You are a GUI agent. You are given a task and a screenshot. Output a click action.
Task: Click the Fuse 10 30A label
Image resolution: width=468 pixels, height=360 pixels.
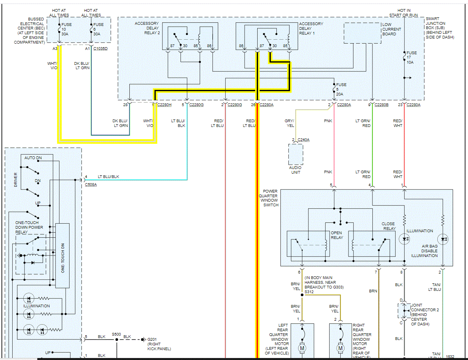pos(66,29)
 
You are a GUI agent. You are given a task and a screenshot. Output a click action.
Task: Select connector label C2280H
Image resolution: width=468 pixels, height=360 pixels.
pos(164,105)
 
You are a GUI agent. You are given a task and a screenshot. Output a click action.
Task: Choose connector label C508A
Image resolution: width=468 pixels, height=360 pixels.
pos(91,185)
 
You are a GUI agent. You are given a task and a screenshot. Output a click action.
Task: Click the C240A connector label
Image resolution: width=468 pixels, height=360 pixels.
pos(303,140)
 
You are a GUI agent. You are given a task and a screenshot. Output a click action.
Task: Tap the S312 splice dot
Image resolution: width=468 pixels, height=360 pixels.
pos(302,295)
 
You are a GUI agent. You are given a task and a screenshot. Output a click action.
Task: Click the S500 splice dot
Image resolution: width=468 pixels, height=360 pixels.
pos(117,340)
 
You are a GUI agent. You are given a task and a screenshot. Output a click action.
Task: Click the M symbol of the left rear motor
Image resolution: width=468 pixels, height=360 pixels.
pos(302,348)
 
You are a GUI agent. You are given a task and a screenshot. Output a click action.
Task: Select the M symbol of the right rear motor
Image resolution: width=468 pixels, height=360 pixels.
pos(341,348)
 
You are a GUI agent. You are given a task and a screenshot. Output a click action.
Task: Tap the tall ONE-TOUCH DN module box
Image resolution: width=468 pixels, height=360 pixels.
pos(63,255)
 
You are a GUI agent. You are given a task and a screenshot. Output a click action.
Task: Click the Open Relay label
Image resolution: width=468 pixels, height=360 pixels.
pos(337,235)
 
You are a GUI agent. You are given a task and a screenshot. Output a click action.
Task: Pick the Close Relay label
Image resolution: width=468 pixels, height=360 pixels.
pos(388,226)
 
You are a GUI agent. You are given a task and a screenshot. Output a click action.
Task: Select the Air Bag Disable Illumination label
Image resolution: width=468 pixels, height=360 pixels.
pos(424,251)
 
